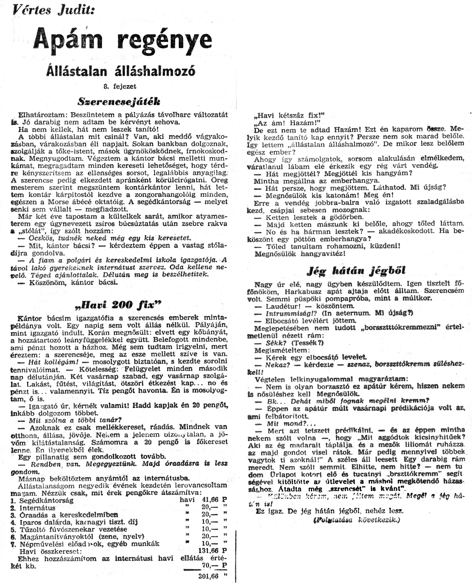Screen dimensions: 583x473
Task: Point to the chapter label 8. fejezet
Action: coord(120,87)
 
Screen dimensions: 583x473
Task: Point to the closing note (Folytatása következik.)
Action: coord(357,520)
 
